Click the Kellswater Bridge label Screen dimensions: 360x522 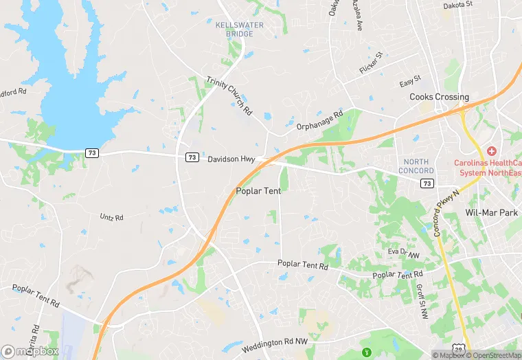coord(229,29)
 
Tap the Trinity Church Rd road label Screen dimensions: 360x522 coord(229,95)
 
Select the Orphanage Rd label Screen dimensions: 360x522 coord(319,121)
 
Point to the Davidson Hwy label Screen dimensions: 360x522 coord(232,159)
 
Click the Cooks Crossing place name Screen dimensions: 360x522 coord(439,97)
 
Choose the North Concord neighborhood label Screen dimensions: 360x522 coord(416,166)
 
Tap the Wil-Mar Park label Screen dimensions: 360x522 coord(491,213)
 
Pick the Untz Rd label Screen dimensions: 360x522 coord(111,217)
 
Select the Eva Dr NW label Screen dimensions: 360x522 coord(403,253)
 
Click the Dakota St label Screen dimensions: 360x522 coord(458,4)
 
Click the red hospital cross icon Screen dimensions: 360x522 coord(491,151)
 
